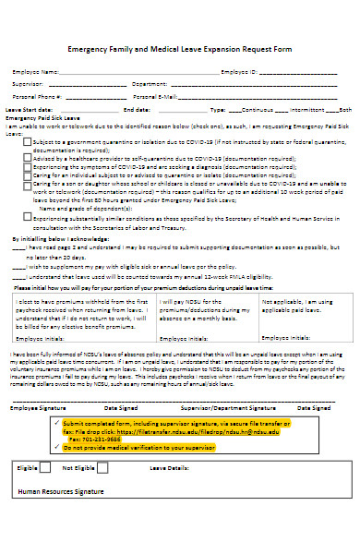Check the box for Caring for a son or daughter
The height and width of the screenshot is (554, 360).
(x=27, y=183)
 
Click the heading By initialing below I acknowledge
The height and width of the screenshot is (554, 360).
(x=59, y=238)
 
